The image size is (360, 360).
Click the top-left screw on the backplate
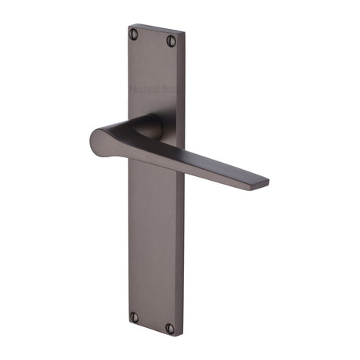click(x=134, y=34)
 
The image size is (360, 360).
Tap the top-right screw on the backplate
click(x=171, y=41)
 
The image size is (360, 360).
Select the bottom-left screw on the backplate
click(x=134, y=317)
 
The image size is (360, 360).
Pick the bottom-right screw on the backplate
click(x=170, y=328)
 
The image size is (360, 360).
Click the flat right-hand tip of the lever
click(x=264, y=182)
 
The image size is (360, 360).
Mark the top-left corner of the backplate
click(x=128, y=25)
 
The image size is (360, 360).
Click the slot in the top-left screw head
click(x=134, y=34)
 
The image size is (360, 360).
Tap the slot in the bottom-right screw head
click(x=170, y=328)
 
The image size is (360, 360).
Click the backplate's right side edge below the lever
click(x=183, y=250)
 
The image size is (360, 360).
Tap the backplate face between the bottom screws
click(x=152, y=322)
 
